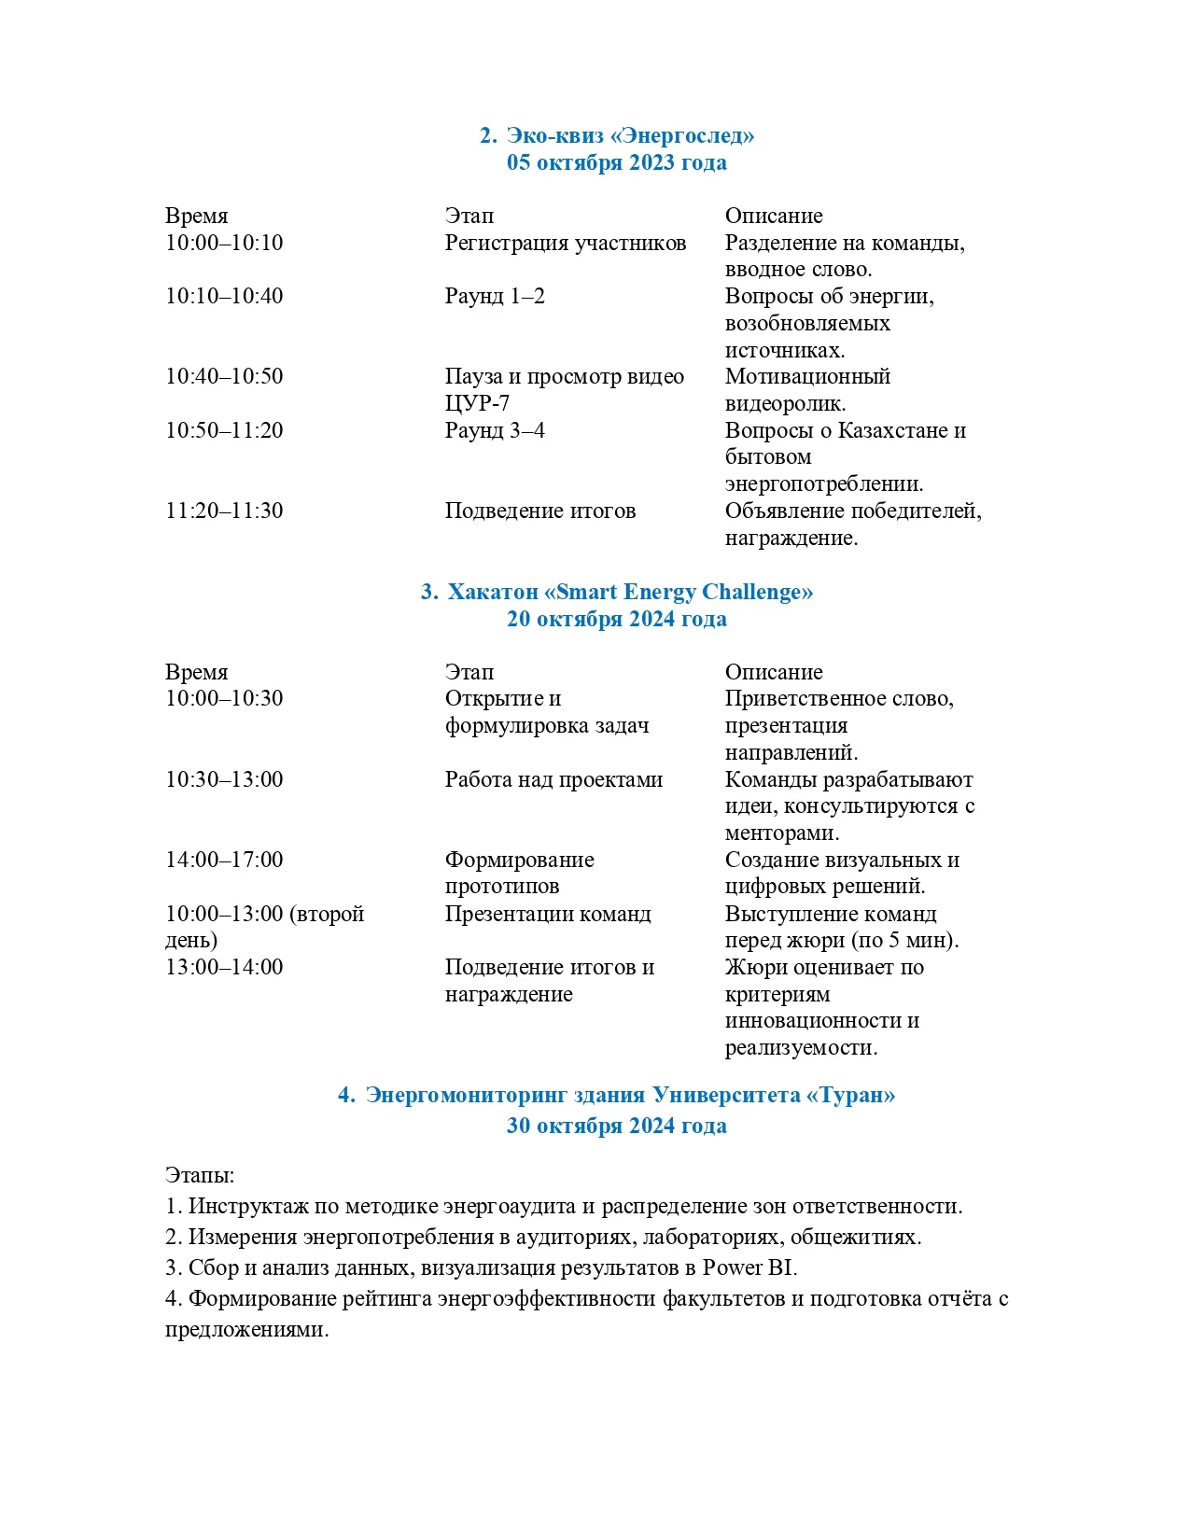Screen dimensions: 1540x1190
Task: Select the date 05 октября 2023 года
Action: pyautogui.click(x=616, y=162)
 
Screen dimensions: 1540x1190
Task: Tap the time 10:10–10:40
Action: pyautogui.click(x=224, y=296)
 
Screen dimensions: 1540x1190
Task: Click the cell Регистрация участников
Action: pyautogui.click(x=565, y=243)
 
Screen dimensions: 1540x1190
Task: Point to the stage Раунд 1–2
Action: pyautogui.click(x=495, y=296)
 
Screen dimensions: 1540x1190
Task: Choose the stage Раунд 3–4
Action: pyautogui.click(x=495, y=430)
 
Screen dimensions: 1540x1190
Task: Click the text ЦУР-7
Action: pyautogui.click(x=477, y=403)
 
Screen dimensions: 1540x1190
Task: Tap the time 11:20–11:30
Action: pyautogui.click(x=224, y=511)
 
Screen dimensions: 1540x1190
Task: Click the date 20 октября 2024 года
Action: pyautogui.click(x=616, y=619)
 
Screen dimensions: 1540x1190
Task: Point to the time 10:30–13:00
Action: pyautogui.click(x=224, y=779)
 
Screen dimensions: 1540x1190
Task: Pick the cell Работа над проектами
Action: pyautogui.click(x=553, y=779)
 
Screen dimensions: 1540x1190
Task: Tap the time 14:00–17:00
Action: pyautogui.click(x=224, y=860)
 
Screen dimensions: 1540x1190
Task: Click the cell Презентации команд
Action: pyautogui.click(x=548, y=914)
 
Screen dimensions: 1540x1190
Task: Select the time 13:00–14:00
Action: pyautogui.click(x=224, y=967)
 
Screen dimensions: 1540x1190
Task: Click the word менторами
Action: pyautogui.click(x=781, y=833)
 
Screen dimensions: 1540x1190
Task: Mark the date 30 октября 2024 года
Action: pyautogui.click(x=616, y=1126)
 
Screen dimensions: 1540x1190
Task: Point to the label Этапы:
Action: pyautogui.click(x=200, y=1175)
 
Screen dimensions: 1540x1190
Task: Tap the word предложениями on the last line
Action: pyautogui.click(x=246, y=1329)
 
